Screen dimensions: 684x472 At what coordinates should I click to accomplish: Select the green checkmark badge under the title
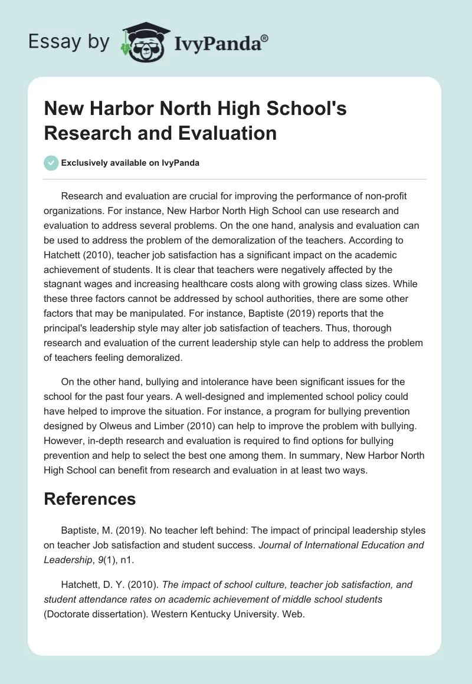pos(51,163)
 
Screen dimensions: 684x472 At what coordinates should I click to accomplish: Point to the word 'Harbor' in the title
pos(119,109)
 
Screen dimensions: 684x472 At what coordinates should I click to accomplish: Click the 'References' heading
pos(90,498)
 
